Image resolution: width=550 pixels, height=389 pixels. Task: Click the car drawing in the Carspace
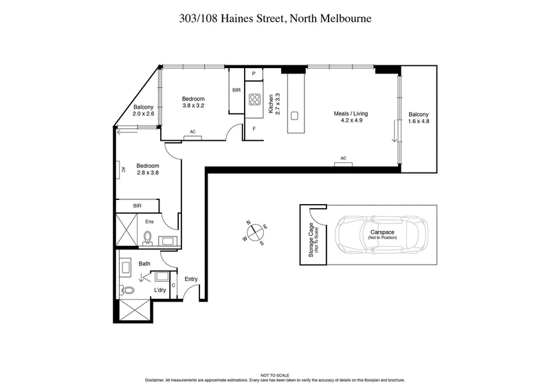(382, 235)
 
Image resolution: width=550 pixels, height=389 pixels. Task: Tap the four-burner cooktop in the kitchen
(254, 102)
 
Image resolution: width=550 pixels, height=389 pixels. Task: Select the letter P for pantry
(254, 74)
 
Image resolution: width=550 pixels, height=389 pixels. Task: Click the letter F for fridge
(254, 129)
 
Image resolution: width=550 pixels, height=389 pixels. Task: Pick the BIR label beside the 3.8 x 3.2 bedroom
(236, 90)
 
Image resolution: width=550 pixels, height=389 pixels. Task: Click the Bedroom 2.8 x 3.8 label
(148, 169)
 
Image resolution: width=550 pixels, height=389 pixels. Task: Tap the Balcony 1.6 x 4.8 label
(419, 118)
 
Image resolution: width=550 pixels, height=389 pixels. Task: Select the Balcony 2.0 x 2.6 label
(144, 110)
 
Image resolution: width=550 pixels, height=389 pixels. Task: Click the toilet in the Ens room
(148, 238)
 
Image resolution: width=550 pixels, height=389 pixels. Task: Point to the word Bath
(144, 263)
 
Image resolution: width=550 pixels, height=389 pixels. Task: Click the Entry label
(191, 278)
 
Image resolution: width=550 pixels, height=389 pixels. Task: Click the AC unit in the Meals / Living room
(343, 162)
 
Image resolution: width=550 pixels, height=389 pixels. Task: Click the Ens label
(150, 221)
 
